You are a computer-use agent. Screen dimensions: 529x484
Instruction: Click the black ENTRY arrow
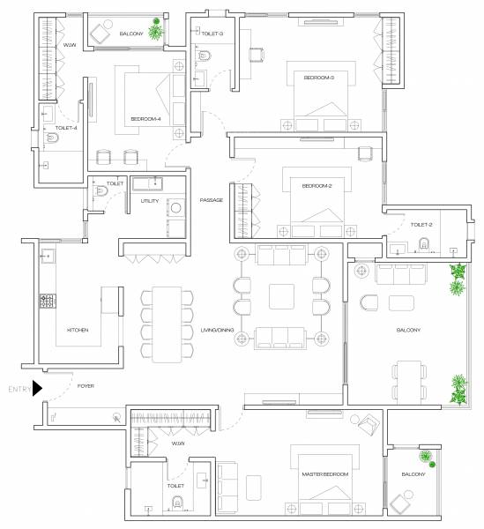(x=37, y=388)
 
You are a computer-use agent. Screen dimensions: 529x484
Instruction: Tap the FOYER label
(x=86, y=386)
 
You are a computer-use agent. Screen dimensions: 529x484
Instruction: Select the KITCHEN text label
(x=78, y=330)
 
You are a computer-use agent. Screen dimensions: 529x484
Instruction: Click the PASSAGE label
(x=211, y=200)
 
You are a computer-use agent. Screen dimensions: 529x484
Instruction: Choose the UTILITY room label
(x=149, y=201)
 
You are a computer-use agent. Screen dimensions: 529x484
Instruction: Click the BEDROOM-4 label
(x=145, y=120)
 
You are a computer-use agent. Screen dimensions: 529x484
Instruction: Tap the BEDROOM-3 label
(x=318, y=78)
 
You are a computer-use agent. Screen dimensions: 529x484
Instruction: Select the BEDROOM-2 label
(x=316, y=186)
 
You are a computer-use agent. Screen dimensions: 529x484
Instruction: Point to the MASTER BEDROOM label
(x=325, y=474)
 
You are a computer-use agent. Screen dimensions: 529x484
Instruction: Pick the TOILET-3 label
(x=212, y=34)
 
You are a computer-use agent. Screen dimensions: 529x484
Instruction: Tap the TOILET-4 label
(x=66, y=128)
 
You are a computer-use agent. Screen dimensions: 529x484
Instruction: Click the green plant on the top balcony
(x=156, y=31)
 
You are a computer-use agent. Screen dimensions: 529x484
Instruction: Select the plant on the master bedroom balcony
(x=428, y=457)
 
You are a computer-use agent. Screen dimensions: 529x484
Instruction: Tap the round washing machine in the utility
(x=175, y=209)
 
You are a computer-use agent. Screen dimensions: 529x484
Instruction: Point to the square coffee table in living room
(x=282, y=295)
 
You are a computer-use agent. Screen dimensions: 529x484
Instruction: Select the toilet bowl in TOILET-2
(x=425, y=244)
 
